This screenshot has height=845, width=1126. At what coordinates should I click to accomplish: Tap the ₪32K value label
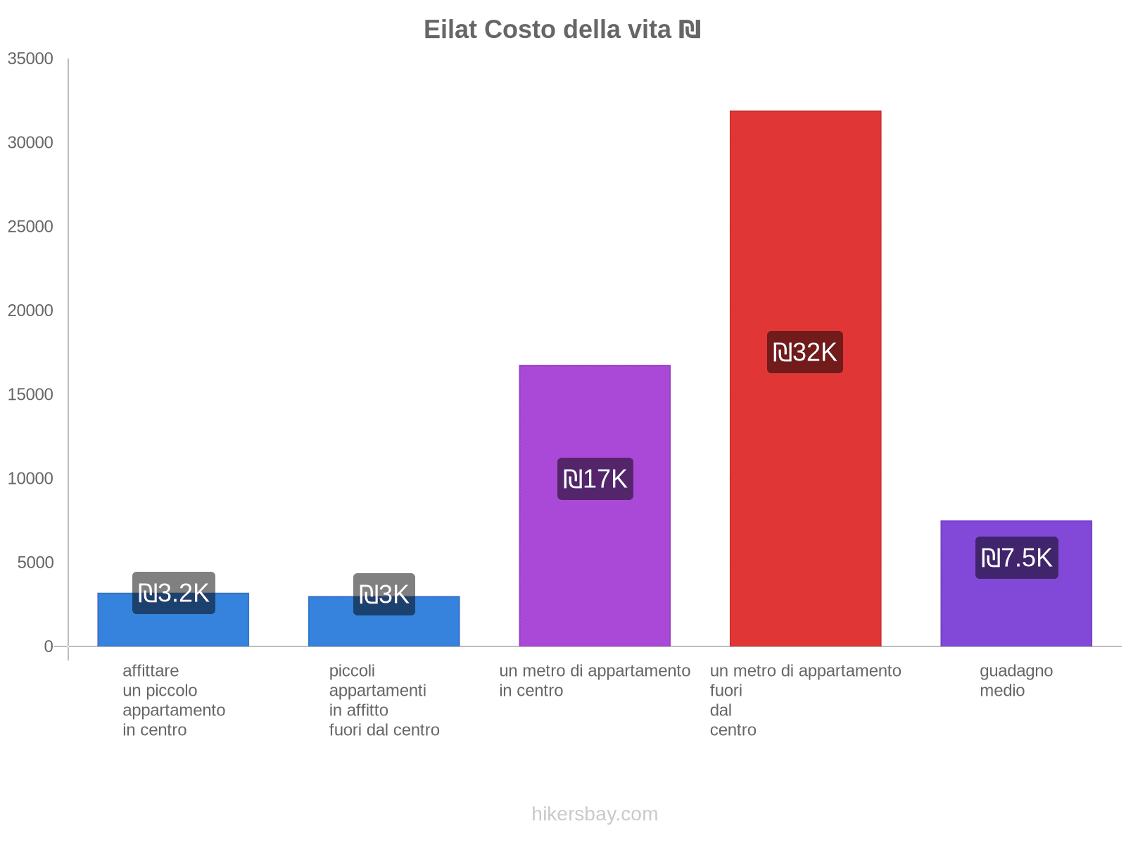pos(804,352)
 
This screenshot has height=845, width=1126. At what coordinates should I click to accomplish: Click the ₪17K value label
pos(595,479)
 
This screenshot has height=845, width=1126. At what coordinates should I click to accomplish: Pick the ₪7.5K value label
pos(1016,558)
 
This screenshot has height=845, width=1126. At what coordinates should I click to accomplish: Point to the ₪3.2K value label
pos(173,593)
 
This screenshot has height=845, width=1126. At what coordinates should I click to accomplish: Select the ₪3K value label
pos(384,594)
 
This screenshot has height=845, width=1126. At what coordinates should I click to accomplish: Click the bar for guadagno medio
pos(1016,606)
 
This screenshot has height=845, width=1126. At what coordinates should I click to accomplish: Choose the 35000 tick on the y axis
pos(30,58)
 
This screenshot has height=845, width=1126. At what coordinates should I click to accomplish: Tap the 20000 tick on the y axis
pos(30,311)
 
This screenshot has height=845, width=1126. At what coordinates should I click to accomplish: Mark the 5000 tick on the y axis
pos(35,563)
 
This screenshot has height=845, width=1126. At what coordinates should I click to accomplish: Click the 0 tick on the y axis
pos(49,646)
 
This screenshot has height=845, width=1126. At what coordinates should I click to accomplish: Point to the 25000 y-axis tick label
pos(30,227)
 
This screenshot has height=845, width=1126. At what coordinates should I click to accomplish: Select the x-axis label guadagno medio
pos(1016,680)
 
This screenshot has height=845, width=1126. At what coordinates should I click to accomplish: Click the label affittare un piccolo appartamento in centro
pos(174,700)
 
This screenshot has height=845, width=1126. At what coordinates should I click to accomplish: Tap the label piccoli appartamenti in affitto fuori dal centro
pos(384,700)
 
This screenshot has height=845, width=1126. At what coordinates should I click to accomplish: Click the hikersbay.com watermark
pos(595,814)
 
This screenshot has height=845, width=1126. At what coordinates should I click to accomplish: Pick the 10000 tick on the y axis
pos(30,479)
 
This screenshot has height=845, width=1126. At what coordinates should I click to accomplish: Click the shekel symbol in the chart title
pos(690,30)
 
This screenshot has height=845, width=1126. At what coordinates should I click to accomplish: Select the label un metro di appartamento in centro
pos(595,680)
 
